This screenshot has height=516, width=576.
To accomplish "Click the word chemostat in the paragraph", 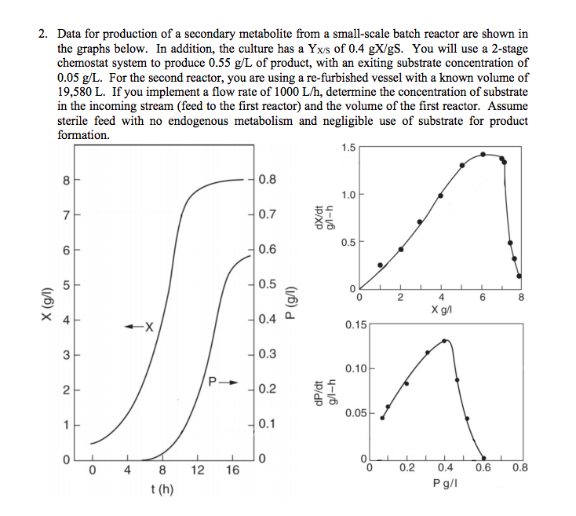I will (x=86, y=63).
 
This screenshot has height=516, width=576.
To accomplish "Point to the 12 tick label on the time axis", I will (x=197, y=471).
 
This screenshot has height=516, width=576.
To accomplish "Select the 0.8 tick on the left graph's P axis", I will (x=267, y=180).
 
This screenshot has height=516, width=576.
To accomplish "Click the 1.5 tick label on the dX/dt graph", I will (x=348, y=147).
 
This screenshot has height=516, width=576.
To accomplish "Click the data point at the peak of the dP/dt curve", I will (x=445, y=341).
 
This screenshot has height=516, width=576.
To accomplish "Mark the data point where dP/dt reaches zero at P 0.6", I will (x=483, y=458).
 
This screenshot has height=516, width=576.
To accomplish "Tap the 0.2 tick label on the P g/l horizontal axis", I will (x=406, y=470).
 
